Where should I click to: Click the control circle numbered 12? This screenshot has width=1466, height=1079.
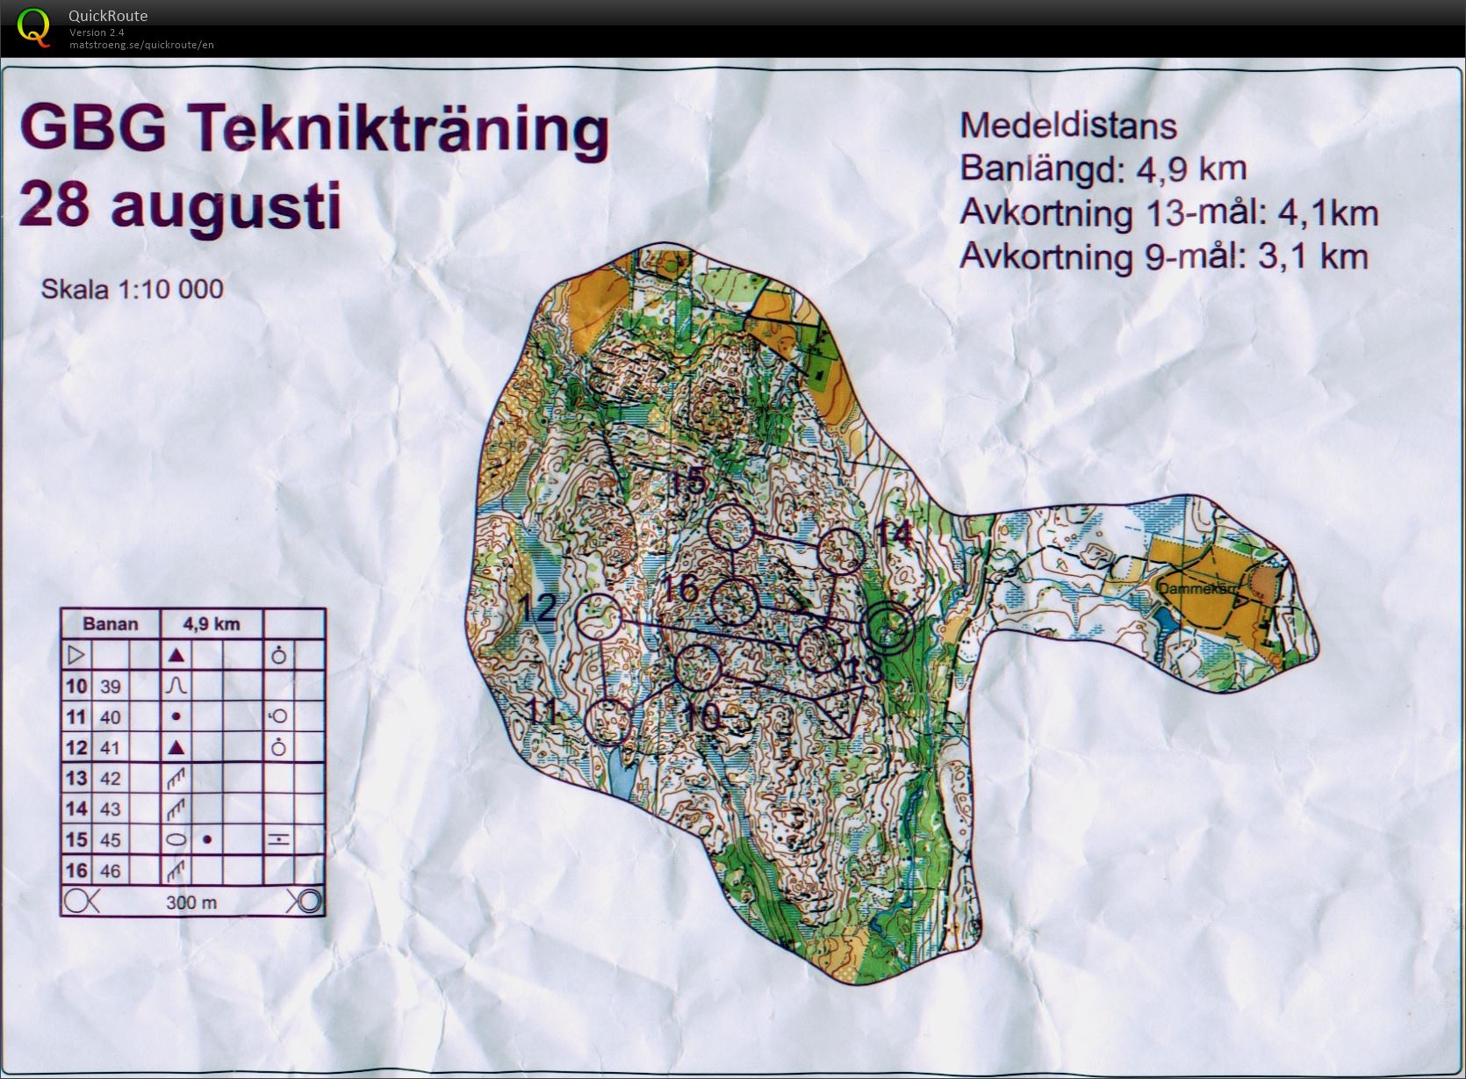pyautogui.click(x=600, y=615)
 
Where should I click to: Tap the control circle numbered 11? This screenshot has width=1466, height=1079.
pyautogui.click(x=607, y=722)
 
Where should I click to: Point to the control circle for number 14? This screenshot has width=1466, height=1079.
pyautogui.click(x=842, y=551)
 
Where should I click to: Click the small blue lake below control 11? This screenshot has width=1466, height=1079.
pyautogui.click(x=621, y=778)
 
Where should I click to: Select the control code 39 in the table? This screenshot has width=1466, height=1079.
pyautogui.click(x=110, y=687)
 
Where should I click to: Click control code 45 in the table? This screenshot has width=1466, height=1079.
pyautogui.click(x=110, y=840)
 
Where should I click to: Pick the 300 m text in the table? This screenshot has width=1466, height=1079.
pyautogui.click(x=191, y=903)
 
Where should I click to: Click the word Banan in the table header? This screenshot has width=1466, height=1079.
pyautogui.click(x=111, y=624)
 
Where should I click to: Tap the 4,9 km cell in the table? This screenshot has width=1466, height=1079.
pyautogui.click(x=211, y=624)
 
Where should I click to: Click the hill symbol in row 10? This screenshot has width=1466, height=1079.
pyautogui.click(x=176, y=685)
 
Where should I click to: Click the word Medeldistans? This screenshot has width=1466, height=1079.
pyautogui.click(x=1067, y=126)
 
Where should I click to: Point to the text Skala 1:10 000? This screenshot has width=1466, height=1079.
pyautogui.click(x=132, y=289)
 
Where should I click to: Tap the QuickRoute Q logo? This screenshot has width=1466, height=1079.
pyautogui.click(x=33, y=26)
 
